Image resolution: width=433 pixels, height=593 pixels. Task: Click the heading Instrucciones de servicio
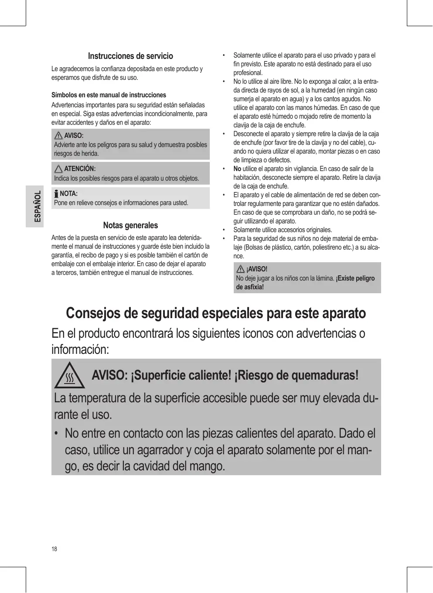click(x=130, y=56)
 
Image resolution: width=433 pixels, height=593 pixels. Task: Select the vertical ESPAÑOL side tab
click(x=38, y=206)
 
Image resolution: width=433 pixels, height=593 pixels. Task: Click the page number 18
click(x=54, y=549)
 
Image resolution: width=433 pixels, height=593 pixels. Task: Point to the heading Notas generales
click(x=130, y=226)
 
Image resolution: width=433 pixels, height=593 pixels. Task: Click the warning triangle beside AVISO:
click(x=58, y=135)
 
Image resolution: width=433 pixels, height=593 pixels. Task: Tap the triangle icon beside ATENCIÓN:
click(x=58, y=169)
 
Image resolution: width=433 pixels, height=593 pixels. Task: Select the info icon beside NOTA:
click(x=56, y=194)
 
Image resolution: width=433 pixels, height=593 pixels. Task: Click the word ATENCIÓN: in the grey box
click(x=80, y=169)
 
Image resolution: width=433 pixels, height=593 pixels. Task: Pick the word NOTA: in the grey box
click(x=68, y=194)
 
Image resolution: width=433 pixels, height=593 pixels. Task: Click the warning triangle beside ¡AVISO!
click(x=240, y=269)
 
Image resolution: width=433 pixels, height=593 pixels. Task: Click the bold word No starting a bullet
click(x=237, y=169)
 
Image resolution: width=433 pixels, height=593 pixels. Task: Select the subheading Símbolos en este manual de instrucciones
click(x=109, y=95)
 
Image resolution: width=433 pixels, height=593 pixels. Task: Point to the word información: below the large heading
click(x=80, y=350)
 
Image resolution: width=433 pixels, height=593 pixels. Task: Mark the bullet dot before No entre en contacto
click(x=56, y=434)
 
